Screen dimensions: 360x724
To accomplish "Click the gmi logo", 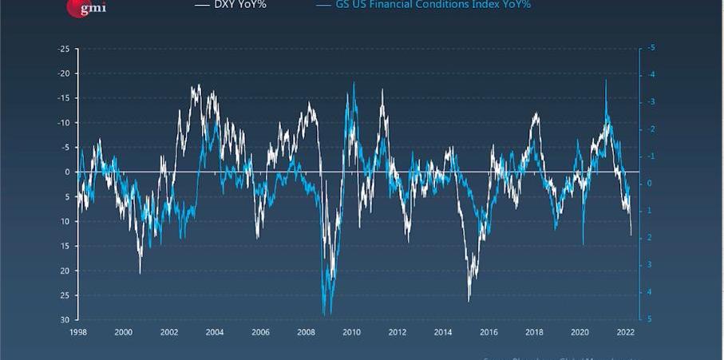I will click(85, 7).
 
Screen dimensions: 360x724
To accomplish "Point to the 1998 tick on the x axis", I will click(78, 331).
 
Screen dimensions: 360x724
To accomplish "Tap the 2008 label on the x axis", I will click(306, 331).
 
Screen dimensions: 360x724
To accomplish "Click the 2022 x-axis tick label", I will click(625, 331).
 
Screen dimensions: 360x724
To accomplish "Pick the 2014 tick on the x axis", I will click(443, 331).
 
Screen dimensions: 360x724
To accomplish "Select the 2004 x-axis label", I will click(215, 331).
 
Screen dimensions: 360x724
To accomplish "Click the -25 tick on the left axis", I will click(65, 49).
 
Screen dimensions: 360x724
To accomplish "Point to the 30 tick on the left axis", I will click(66, 319).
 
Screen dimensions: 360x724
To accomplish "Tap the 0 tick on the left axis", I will click(69, 172).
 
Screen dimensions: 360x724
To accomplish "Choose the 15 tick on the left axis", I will click(66, 245).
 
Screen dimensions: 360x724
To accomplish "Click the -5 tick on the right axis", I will click(651, 49).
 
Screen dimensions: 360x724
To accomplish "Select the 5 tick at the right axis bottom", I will click(651, 319).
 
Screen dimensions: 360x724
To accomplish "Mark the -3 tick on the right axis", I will click(651, 102).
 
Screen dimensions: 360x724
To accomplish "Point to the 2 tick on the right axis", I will click(651, 238).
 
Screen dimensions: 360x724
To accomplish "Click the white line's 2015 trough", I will click(469, 300).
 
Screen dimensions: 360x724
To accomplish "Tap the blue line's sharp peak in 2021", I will click(606, 80).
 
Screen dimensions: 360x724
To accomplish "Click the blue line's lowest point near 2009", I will click(324, 314).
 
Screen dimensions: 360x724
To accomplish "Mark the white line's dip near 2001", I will click(140, 273).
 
